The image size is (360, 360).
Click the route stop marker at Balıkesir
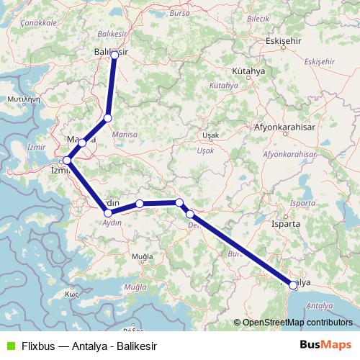pyautogui.click(x=114, y=55)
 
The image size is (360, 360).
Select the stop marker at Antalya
pyautogui.click(x=292, y=286)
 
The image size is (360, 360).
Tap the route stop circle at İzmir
pyautogui.click(x=66, y=161)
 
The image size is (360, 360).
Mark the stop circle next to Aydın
pyautogui.click(x=108, y=213)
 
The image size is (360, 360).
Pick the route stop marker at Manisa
pyautogui.click(x=83, y=143)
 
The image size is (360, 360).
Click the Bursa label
pyautogui.click(x=180, y=13)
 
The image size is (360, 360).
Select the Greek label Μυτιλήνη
pyautogui.click(x=22, y=96)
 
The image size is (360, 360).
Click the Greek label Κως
pyautogui.click(x=71, y=295)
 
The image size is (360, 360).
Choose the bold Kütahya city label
pyautogui.click(x=249, y=72)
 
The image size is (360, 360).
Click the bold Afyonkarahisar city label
pyautogui.click(x=286, y=127)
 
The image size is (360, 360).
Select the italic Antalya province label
pyautogui.click(x=320, y=306)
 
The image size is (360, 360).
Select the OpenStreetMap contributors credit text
pyautogui.click(x=297, y=323)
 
